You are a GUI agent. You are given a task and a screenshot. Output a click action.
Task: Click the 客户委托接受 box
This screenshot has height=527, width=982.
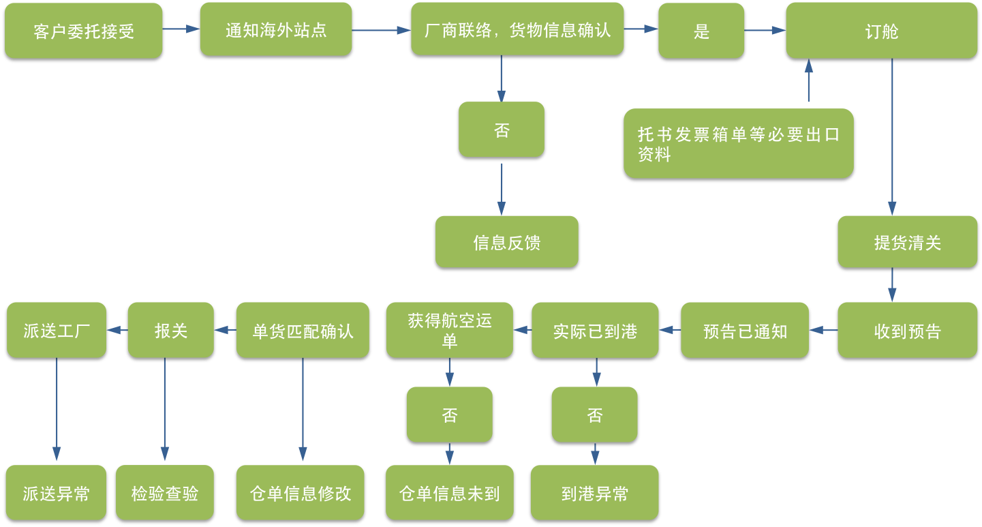[83, 31]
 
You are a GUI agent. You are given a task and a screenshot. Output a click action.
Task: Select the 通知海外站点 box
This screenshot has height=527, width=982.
[276, 29]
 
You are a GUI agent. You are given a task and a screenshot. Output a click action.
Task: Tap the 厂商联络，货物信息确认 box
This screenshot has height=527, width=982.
[517, 29]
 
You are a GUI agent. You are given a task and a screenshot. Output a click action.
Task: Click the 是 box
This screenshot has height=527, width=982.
[701, 31]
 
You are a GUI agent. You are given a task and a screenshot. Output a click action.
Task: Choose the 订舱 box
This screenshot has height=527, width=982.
[881, 31]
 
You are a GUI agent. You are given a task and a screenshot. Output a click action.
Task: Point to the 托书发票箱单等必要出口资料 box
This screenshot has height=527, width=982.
[738, 143]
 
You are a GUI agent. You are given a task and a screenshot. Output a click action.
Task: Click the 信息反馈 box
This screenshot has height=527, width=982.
[506, 241]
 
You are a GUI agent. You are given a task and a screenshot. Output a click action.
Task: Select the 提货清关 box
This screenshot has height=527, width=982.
[907, 241]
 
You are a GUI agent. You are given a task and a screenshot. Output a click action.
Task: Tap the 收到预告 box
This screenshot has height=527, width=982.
[907, 330]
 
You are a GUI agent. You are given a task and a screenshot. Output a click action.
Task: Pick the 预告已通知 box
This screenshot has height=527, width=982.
[745, 330]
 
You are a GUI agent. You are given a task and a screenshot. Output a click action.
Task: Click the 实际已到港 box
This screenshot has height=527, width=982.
[595, 330]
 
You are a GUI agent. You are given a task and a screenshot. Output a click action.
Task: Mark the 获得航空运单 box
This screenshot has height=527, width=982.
[449, 330]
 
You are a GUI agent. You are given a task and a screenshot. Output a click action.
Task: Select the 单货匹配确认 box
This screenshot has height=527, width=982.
[303, 330]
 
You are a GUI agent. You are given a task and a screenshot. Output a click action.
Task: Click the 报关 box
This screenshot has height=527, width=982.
[170, 330]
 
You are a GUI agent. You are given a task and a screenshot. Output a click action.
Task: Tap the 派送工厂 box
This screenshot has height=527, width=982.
[57, 330]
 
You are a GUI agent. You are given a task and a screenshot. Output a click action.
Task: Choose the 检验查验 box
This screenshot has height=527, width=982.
[164, 492]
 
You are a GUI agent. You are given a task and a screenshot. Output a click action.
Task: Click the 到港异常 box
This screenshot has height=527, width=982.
[595, 492]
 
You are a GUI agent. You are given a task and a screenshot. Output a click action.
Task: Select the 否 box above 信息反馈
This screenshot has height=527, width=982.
[501, 130]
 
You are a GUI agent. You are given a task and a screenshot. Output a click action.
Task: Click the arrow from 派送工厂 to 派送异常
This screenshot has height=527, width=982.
[57, 409]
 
